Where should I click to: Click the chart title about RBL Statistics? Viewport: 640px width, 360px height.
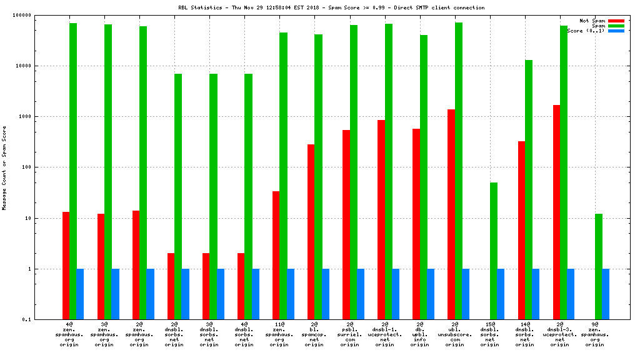[x=331, y=7]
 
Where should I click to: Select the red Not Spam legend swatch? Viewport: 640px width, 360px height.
[x=616, y=21]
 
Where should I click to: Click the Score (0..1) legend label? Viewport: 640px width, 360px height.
[x=586, y=31]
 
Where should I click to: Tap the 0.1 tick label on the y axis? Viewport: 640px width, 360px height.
[x=44, y=320]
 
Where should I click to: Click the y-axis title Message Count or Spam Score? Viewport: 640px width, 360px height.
[x=5, y=167]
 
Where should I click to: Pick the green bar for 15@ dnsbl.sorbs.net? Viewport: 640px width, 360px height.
[x=494, y=251]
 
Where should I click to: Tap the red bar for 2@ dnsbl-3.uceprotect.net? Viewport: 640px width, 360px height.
[x=556, y=212]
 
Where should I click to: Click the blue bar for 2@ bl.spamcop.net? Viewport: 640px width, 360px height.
[x=326, y=294]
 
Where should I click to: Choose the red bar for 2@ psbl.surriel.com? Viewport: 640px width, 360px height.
[x=346, y=224]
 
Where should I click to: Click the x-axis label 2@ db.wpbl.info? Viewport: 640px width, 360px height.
[x=420, y=334]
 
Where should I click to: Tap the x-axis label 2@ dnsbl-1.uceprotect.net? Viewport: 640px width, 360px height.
[x=385, y=334]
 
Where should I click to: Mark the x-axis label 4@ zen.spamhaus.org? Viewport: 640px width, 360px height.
[x=69, y=334]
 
